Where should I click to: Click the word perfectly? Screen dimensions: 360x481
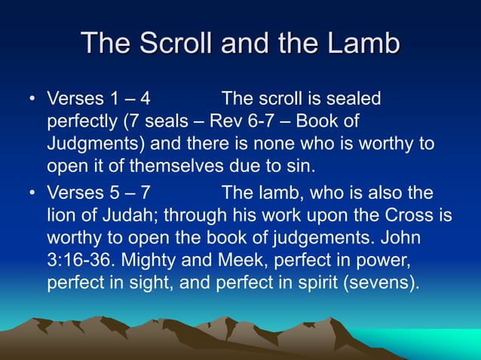click(x=85, y=121)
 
